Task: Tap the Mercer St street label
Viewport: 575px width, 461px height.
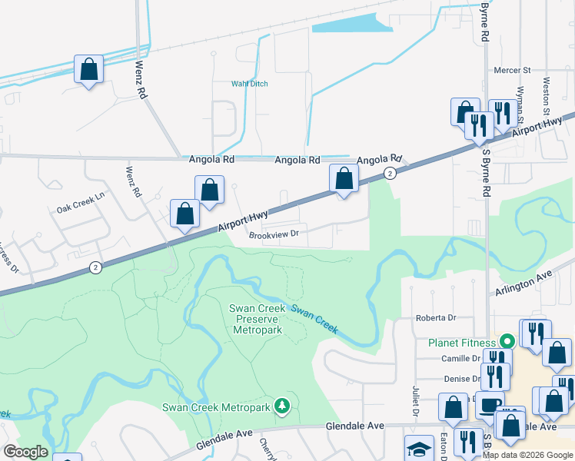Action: click(x=513, y=70)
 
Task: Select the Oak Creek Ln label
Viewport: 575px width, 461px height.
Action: click(x=80, y=209)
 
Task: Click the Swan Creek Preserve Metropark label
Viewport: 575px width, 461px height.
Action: click(x=257, y=319)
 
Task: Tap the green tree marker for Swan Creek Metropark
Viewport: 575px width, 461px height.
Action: click(x=283, y=405)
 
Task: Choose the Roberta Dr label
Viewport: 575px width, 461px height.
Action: click(x=436, y=317)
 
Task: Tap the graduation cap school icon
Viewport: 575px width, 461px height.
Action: click(x=419, y=448)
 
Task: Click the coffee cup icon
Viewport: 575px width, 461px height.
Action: click(x=488, y=403)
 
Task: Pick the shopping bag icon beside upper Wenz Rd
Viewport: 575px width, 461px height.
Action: click(x=89, y=69)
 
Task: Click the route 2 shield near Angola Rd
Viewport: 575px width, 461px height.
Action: click(x=391, y=174)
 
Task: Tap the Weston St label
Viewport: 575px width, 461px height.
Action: click(x=547, y=91)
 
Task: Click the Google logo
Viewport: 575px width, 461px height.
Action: click(x=25, y=452)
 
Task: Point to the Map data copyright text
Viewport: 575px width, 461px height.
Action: click(x=527, y=455)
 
